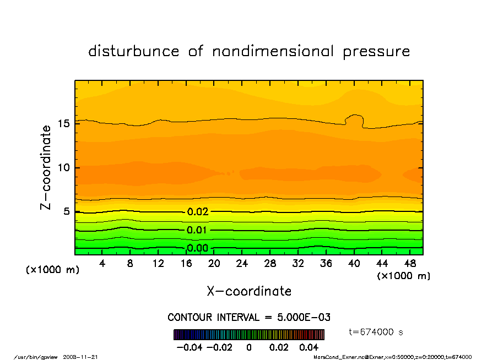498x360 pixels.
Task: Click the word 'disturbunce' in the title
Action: point(134,52)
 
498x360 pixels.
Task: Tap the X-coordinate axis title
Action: point(249,291)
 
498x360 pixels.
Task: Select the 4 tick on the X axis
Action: point(102,264)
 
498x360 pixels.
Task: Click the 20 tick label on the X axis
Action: point(214,264)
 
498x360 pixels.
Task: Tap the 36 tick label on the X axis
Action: point(326,264)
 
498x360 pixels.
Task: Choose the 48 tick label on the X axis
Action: point(409,264)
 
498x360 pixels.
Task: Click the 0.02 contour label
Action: point(197,212)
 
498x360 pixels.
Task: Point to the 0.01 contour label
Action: point(197,230)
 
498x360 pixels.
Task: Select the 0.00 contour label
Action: point(197,248)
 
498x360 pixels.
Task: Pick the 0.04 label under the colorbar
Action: point(309,348)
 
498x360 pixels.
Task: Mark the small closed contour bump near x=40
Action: point(354,121)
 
